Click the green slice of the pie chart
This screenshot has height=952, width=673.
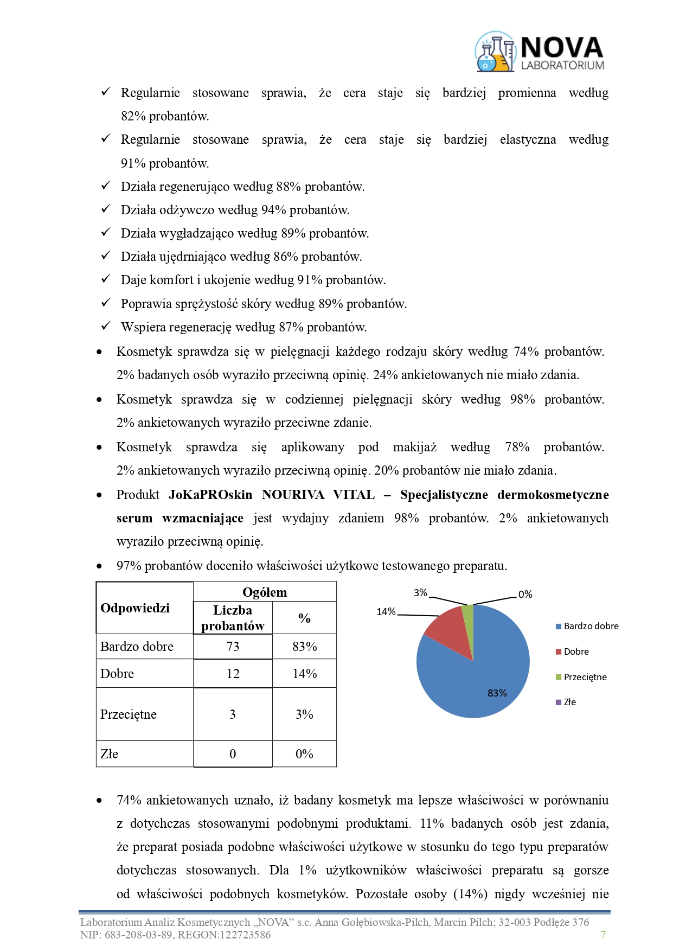coord(468,614)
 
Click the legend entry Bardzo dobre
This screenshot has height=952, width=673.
coord(591,626)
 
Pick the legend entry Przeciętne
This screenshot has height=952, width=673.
coord(585,677)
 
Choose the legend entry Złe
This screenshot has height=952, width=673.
coord(569,702)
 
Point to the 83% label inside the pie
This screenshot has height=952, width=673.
coord(497,693)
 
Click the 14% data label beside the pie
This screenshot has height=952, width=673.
coord(386,612)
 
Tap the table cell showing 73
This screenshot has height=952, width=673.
coord(233,647)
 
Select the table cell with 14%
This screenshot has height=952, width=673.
coord(304,674)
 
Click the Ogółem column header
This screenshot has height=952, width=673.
coord(265,592)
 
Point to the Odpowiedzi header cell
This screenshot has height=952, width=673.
coord(135,608)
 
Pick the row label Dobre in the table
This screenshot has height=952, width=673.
coord(117,674)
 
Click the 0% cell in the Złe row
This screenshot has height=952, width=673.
coord(304,754)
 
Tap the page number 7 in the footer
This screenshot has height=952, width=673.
coord(603,934)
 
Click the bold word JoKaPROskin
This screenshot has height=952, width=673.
coord(210,495)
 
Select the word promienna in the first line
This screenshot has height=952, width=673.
coord(527,93)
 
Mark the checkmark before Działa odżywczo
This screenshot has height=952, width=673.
coord(106,209)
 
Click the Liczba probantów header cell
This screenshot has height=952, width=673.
coord(233,618)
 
